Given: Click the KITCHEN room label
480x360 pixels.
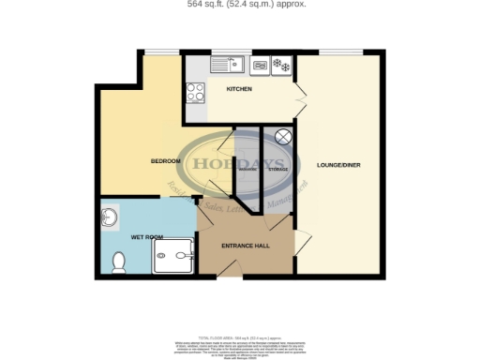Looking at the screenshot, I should [239, 90].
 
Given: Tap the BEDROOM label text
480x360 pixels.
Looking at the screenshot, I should [165, 161].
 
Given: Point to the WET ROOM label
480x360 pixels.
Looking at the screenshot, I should [144, 237].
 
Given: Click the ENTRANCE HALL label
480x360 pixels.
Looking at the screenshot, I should [244, 246].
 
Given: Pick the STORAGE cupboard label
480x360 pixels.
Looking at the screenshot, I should [278, 169].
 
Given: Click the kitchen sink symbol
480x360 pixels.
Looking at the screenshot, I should [227, 66].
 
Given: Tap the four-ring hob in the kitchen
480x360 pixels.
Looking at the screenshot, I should [196, 92].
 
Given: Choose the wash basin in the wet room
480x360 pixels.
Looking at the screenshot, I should [109, 218].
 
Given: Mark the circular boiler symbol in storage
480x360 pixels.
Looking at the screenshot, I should [284, 138].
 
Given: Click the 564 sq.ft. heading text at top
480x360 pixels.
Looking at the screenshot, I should [240, 4].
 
